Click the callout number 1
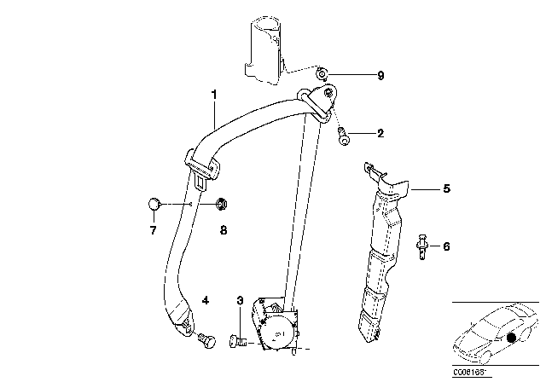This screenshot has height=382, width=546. (x=214, y=95)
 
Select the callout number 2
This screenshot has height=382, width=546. (x=380, y=133)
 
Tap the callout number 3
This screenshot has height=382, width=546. (x=240, y=300)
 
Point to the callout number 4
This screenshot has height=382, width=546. (x=205, y=299)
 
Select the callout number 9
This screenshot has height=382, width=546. (x=380, y=76)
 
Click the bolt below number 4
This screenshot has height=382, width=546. (x=206, y=341)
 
